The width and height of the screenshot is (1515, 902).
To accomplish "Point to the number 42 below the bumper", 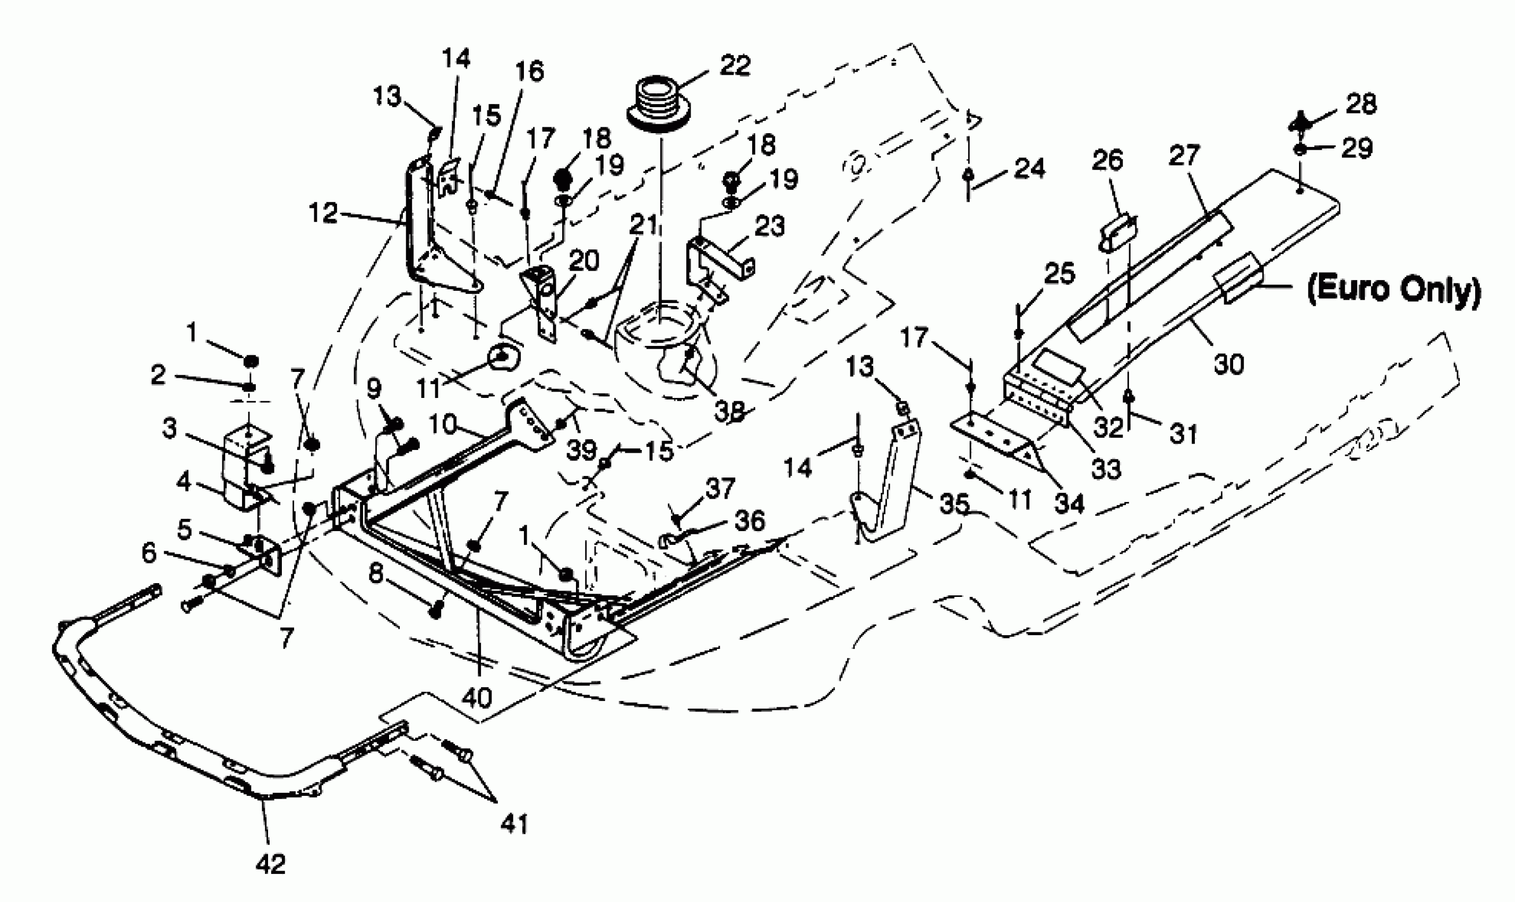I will [271, 863].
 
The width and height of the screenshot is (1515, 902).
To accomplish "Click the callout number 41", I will [514, 824].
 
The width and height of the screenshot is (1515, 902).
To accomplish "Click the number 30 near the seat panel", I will [1229, 365].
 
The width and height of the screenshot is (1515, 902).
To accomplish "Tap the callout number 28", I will [1361, 104].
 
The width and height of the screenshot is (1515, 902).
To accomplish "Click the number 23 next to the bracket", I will [769, 226].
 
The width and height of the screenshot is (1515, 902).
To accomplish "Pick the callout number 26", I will [1108, 160].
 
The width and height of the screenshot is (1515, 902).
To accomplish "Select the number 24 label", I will [1029, 169].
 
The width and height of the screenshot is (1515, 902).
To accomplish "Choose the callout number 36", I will [750, 521].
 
